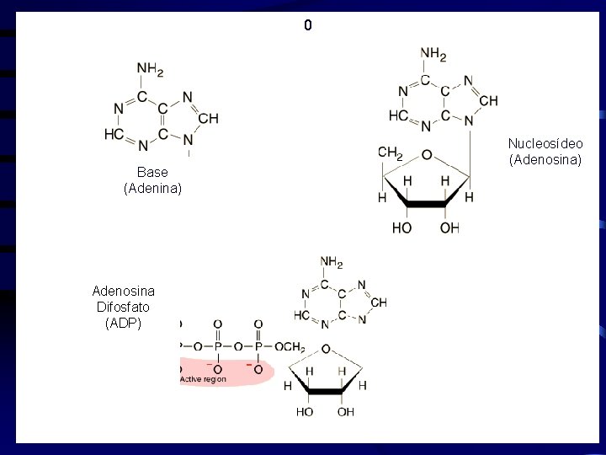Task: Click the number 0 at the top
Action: tap(308, 26)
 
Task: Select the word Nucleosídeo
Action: tap(545, 143)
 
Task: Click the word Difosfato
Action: tap(123, 307)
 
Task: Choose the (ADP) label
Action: tap(123, 323)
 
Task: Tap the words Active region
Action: tap(203, 379)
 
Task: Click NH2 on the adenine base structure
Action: tap(149, 69)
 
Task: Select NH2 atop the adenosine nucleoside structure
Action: tap(433, 55)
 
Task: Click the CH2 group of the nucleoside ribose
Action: tap(391, 153)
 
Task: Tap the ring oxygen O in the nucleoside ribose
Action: tap(427, 155)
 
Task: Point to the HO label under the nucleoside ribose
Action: tap(401, 228)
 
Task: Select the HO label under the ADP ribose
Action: tap(305, 412)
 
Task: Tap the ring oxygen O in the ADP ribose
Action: tap(326, 349)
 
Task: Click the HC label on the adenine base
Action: tap(114, 134)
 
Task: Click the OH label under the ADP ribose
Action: tap(346, 412)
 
